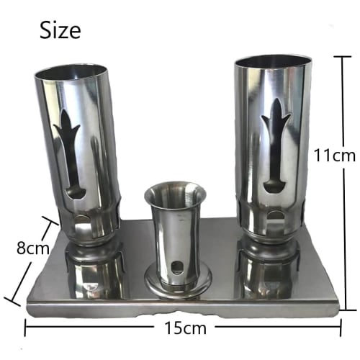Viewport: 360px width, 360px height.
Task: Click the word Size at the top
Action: point(60,30)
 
